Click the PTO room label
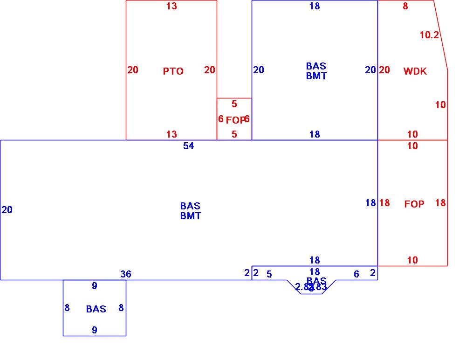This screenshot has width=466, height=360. click(173, 71)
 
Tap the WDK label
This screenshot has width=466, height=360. click(415, 71)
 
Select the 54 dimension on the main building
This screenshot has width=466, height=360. click(188, 146)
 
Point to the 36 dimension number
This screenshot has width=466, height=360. click(126, 274)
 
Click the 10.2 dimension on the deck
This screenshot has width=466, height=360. click(429, 35)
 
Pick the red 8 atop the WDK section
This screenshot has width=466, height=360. click(405, 6)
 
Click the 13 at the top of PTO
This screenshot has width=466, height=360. click(171, 6)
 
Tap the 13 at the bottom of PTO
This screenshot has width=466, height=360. click(171, 134)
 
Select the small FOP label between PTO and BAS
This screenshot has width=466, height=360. click(235, 120)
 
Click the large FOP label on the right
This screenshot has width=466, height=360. click(414, 204)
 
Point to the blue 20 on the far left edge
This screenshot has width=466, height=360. click(7, 210)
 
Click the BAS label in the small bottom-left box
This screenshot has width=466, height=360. click(96, 309)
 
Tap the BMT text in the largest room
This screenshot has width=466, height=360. click(191, 216)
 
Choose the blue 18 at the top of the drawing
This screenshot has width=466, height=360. click(315, 6)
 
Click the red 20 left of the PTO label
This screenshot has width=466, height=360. click(133, 70)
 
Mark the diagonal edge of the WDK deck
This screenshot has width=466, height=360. click(441, 35)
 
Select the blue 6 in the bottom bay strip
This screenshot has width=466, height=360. click(356, 274)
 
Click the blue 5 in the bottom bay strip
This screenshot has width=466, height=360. click(269, 274)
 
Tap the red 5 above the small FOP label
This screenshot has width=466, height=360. click(234, 104)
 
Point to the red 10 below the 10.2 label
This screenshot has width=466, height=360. click(440, 105)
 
